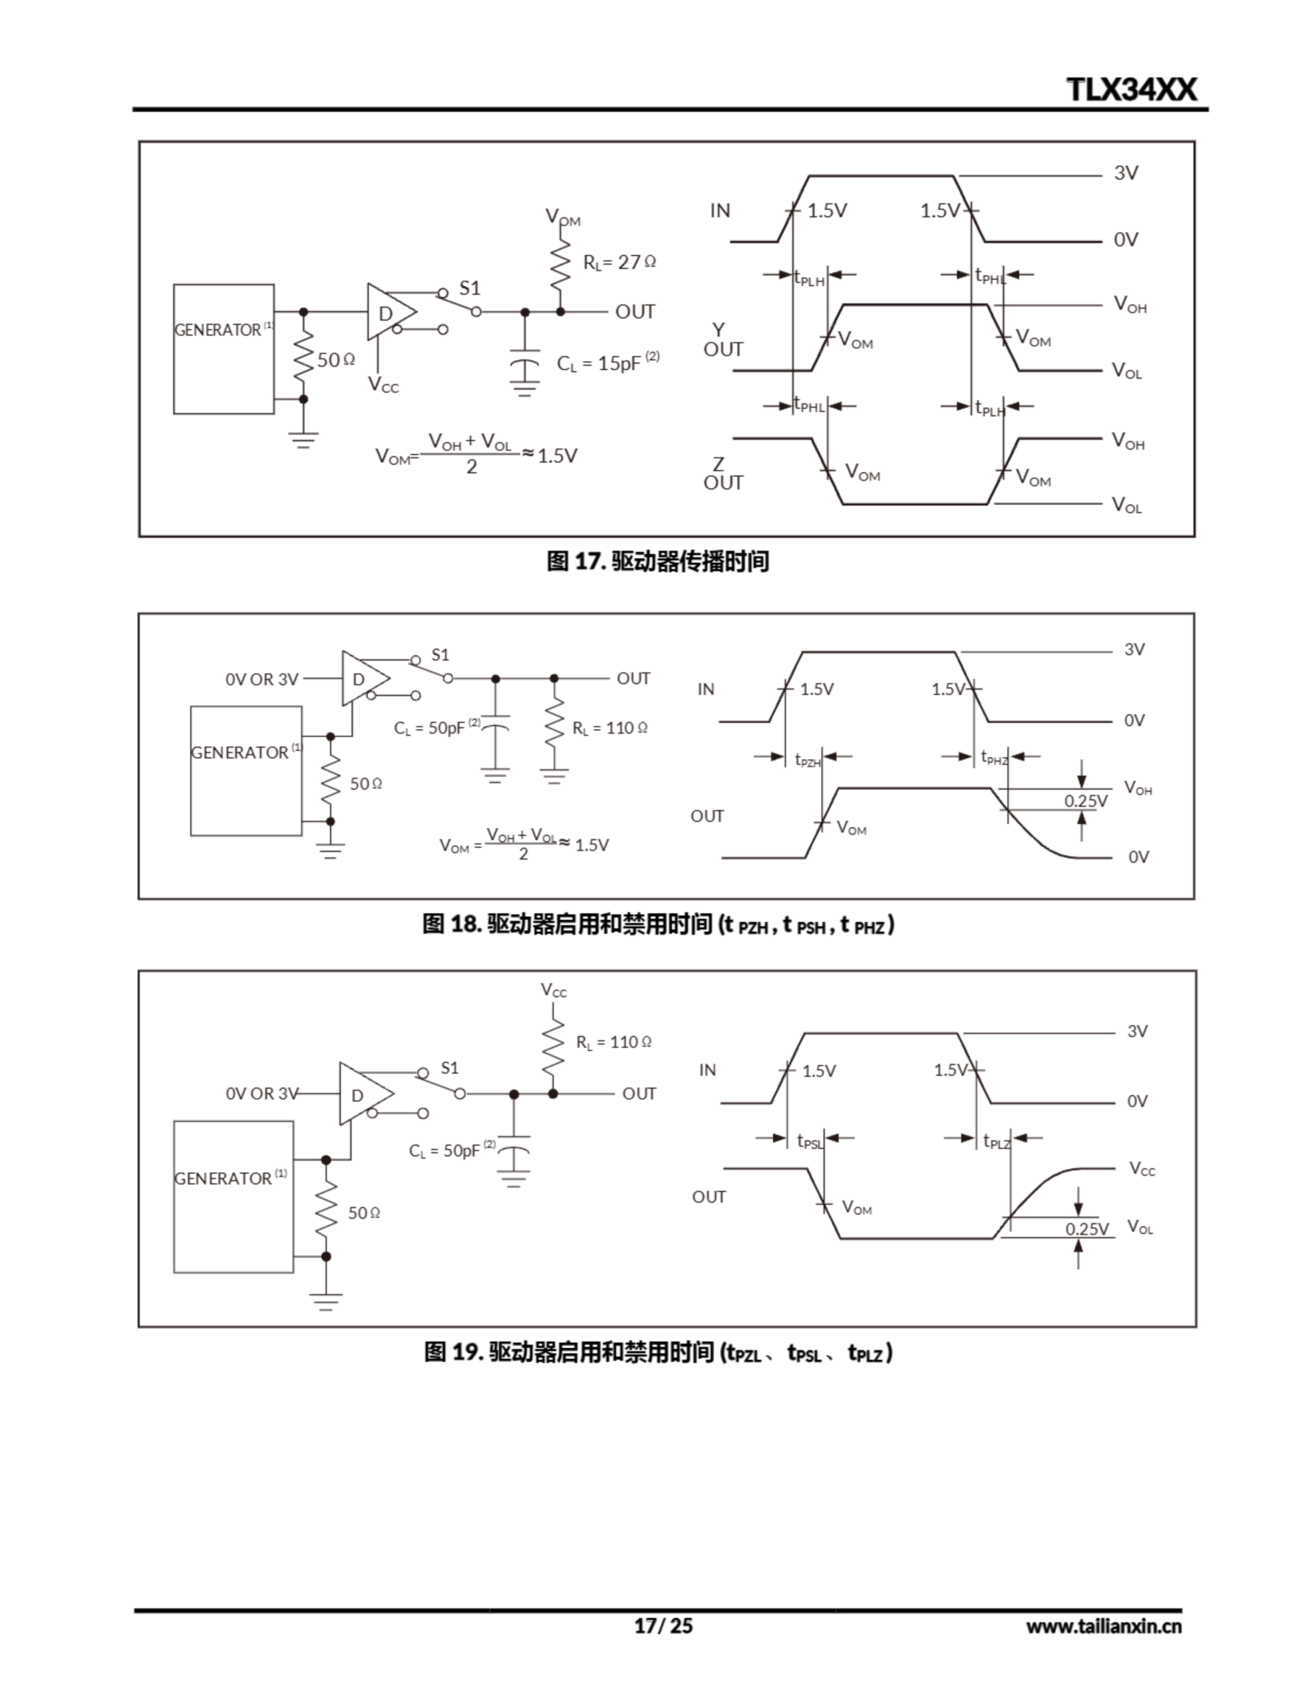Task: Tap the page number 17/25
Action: coord(663,1625)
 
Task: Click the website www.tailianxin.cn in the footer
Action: coord(1103,1626)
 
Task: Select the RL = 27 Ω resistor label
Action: coord(619,262)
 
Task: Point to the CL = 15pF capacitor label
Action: coord(607,363)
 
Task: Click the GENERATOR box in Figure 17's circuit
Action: coord(223,349)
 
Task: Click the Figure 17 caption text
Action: coord(657,561)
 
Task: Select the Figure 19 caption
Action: coord(657,1352)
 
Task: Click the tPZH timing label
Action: coord(808,759)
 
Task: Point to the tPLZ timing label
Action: coord(996,1142)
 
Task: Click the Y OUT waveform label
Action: coord(723,340)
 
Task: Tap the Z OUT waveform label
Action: coord(723,474)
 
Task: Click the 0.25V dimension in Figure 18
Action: coord(1085,801)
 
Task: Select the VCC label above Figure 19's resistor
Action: coord(554,990)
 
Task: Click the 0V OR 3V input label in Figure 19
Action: coord(262,1094)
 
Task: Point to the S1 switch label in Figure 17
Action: coord(470,288)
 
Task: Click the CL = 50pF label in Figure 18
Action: coord(435,728)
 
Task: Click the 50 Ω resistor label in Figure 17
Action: coord(335,359)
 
